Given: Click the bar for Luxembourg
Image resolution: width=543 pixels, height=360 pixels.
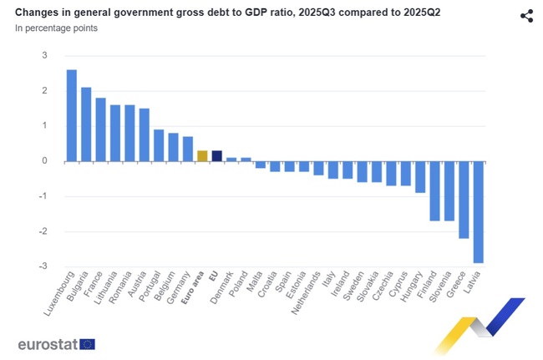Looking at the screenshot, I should (71, 115).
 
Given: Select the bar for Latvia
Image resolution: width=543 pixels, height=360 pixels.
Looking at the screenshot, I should (478, 212).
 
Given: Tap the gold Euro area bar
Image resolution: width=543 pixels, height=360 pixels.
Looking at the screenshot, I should (201, 155).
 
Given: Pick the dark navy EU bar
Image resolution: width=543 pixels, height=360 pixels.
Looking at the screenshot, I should (216, 155).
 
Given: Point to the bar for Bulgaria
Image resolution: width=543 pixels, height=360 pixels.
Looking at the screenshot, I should (86, 124).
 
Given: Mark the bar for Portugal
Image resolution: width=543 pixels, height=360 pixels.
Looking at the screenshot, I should (158, 145).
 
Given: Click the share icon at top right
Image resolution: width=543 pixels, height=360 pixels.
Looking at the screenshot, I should (526, 16).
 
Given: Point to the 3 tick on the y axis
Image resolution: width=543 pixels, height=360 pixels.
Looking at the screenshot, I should (44, 55).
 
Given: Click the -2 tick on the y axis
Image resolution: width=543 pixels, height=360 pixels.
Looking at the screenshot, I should (43, 231).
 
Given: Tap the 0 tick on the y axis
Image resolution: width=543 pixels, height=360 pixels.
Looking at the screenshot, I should (44, 161).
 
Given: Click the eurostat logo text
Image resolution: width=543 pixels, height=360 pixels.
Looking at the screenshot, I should (48, 343).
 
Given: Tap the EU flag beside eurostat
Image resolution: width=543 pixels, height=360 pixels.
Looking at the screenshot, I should (87, 343).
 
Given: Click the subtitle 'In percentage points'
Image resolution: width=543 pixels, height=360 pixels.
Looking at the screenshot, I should (56, 28).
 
